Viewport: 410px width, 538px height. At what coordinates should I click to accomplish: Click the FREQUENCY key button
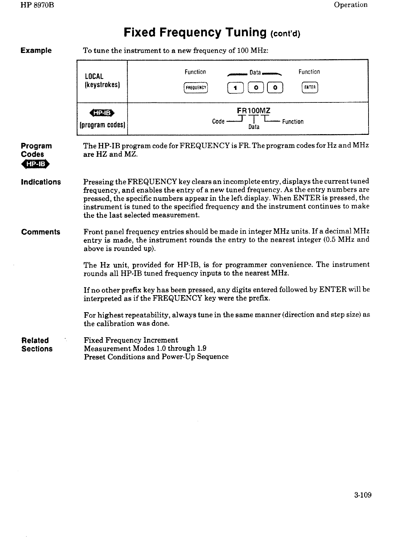point(195,88)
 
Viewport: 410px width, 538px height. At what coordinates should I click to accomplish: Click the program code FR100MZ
point(253,111)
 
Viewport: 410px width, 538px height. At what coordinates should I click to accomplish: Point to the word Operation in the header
point(350,5)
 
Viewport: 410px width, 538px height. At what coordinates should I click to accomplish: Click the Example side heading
point(36,51)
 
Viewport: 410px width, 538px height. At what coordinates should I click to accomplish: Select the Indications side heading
point(41,182)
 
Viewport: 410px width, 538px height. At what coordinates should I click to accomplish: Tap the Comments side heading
point(40,232)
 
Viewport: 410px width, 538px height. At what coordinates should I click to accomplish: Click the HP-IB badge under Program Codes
point(36,164)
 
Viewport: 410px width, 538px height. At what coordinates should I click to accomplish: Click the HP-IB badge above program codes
point(102,113)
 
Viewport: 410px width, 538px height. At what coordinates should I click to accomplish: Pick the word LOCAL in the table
point(94,76)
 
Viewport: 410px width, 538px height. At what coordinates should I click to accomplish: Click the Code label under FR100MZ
point(218,122)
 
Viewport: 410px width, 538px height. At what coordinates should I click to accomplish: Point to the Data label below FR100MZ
point(254,127)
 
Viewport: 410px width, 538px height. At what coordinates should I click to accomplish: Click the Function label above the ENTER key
point(309,72)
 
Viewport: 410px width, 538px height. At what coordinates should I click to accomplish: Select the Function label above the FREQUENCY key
point(195,72)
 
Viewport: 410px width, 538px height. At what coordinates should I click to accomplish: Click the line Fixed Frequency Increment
point(131,340)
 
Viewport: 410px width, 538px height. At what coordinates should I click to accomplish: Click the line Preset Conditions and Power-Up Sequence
point(156,357)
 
